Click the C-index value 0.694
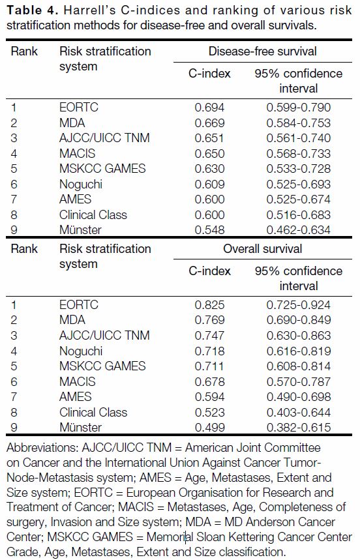click(209, 108)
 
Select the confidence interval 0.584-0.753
click(299, 123)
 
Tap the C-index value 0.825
click(209, 305)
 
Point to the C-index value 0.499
click(209, 428)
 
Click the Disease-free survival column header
click(262, 51)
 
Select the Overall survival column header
click(262, 248)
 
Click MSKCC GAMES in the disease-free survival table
click(102, 169)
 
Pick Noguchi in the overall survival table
click(81, 351)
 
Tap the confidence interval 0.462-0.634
click(299, 229)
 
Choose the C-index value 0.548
click(209, 229)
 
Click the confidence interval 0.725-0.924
click(299, 305)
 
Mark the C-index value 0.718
click(209, 351)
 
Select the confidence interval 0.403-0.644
click(299, 413)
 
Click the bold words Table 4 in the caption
click(33, 10)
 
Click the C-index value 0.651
click(209, 138)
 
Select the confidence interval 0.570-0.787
click(299, 382)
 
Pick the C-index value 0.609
click(209, 184)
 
